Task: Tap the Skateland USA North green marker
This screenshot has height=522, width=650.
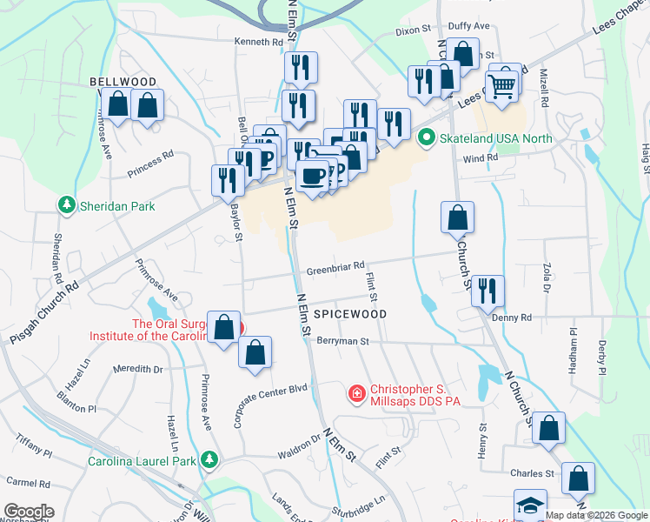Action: (426, 138)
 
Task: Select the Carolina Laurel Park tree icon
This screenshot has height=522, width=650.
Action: (209, 459)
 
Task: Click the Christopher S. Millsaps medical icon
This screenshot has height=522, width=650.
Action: (355, 395)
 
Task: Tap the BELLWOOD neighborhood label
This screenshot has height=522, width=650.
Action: (123, 82)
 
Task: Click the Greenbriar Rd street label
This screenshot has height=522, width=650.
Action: (335, 270)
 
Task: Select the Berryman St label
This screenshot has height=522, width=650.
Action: (343, 342)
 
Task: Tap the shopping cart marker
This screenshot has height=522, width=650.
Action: (501, 87)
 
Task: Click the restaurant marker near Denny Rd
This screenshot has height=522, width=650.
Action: (487, 291)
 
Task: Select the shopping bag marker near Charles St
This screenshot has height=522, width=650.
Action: (578, 478)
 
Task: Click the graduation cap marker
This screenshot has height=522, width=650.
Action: (528, 505)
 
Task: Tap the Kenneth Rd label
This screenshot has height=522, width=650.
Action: (259, 42)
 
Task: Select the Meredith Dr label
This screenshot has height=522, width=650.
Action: (138, 369)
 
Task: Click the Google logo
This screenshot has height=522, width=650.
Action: (29, 512)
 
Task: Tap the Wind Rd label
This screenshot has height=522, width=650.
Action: (480, 158)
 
